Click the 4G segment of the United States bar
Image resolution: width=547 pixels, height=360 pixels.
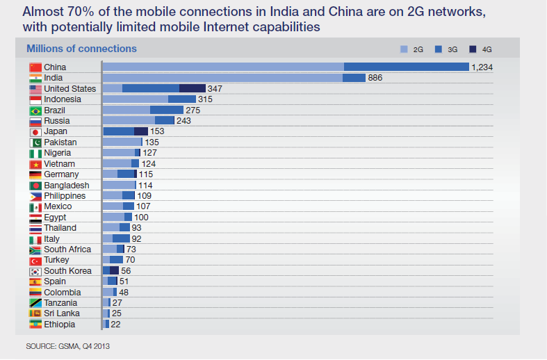(x=193, y=88)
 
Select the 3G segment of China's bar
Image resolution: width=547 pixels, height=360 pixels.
(x=406, y=67)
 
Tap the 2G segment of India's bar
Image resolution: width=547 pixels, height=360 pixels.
(x=222, y=78)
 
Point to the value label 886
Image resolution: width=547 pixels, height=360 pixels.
(x=376, y=78)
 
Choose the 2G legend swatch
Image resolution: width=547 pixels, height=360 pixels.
(x=405, y=49)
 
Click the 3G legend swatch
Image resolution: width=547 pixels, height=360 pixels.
(x=439, y=49)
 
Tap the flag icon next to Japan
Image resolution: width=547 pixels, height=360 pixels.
(x=35, y=131)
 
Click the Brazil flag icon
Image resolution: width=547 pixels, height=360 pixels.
(x=35, y=110)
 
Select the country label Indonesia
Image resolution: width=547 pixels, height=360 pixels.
(x=63, y=99)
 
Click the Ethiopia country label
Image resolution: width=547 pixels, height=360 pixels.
(x=59, y=325)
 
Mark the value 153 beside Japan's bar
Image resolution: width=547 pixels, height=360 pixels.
(x=158, y=131)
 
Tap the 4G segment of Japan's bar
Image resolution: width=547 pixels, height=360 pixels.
(x=141, y=131)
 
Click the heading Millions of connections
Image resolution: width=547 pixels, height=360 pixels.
(x=81, y=49)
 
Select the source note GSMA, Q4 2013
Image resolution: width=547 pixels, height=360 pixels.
(x=68, y=345)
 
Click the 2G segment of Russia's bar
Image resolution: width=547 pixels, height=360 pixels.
(x=129, y=121)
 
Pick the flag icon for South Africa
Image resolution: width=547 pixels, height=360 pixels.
(x=35, y=249)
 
